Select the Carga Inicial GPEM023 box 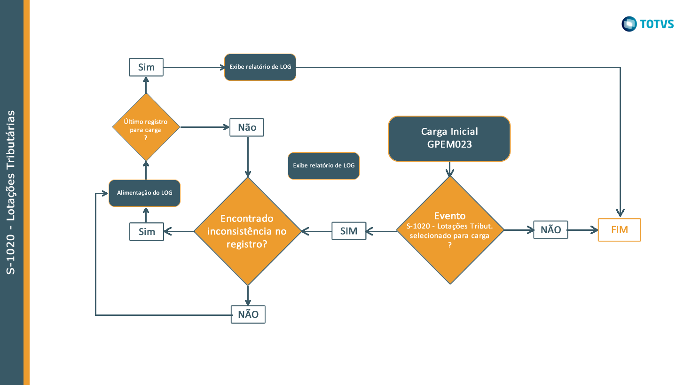pyautogui.click(x=449, y=139)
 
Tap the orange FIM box pyautogui.click(x=619, y=230)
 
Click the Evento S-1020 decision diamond pyautogui.click(x=450, y=230)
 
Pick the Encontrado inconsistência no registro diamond pyautogui.click(x=247, y=231)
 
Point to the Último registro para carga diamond pyautogui.click(x=146, y=127)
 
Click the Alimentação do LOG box pyautogui.click(x=144, y=193)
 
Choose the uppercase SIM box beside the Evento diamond pyautogui.click(x=348, y=231)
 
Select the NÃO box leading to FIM pyautogui.click(x=550, y=230)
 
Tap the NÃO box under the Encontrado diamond pyautogui.click(x=248, y=314)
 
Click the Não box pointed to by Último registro pyautogui.click(x=247, y=127)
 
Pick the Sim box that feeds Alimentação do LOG pyautogui.click(x=146, y=232)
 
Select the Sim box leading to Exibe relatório pyautogui.click(x=146, y=67)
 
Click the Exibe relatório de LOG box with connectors pyautogui.click(x=260, y=67)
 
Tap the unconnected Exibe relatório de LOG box pyautogui.click(x=323, y=165)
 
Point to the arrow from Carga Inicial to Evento pyautogui.click(x=450, y=169)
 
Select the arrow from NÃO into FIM pyautogui.click(x=583, y=230)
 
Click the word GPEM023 pyautogui.click(x=449, y=145)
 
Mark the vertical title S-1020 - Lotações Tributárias pyautogui.click(x=11, y=192)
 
